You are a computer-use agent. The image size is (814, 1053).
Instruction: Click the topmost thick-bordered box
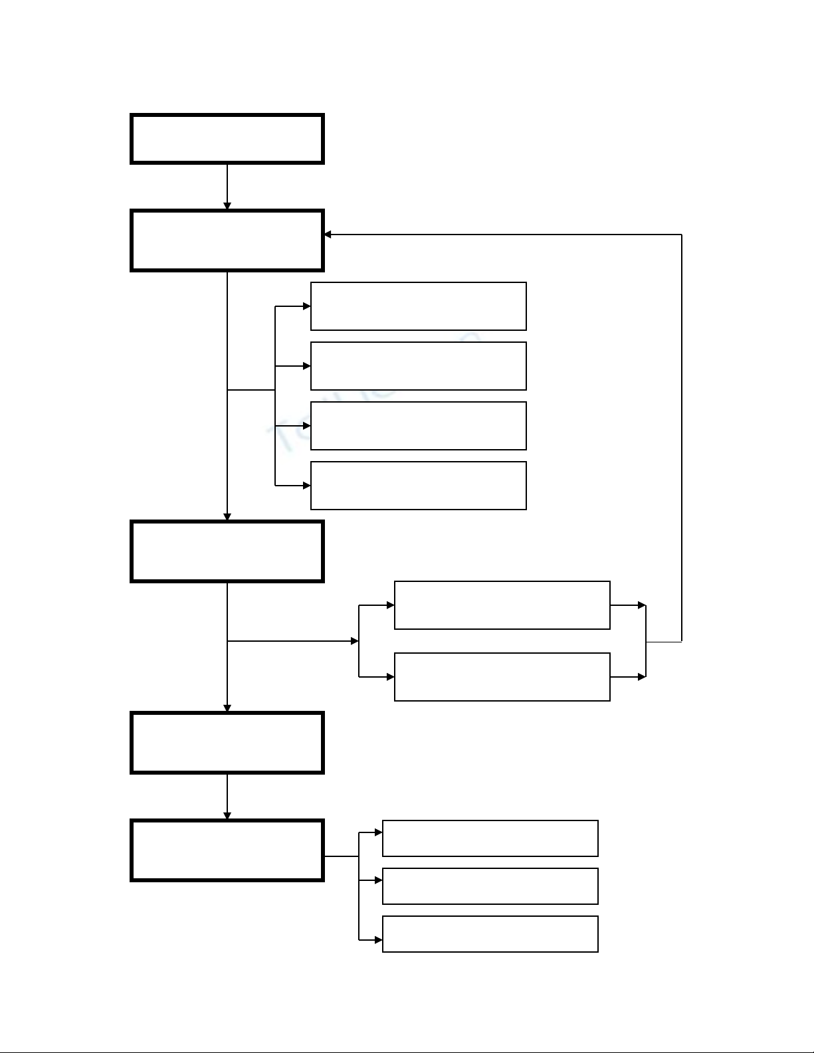[x=227, y=139]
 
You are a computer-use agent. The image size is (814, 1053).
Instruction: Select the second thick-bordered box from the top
[x=227, y=240]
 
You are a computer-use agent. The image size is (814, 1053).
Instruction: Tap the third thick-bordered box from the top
[x=227, y=551]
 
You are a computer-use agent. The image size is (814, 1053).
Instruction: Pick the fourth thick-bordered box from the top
[x=227, y=743]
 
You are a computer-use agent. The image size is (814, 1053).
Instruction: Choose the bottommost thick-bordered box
[x=227, y=850]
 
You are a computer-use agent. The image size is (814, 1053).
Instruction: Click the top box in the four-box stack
[x=419, y=306]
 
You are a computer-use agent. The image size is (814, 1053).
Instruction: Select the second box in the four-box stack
[x=419, y=366]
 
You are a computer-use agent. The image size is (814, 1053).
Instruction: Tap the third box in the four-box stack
[x=419, y=426]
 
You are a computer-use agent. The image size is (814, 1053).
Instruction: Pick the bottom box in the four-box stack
[x=419, y=486]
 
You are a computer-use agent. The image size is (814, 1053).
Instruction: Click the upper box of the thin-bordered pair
[x=502, y=605]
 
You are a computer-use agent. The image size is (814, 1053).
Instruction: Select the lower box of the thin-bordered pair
[x=502, y=677]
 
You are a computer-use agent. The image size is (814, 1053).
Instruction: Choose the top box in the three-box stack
[x=490, y=838]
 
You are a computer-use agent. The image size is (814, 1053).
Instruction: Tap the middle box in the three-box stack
[x=490, y=886]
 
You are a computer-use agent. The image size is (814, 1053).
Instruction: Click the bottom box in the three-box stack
[x=490, y=934]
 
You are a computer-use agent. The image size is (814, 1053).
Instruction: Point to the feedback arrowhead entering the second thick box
[x=328, y=235]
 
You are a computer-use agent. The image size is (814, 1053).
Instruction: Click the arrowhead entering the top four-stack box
[x=306, y=306]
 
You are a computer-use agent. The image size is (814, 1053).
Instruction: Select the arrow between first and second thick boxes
[x=227, y=187]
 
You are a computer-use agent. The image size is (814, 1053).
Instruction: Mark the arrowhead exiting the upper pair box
[x=642, y=605]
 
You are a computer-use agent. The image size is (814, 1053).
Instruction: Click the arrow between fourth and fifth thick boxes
[x=227, y=797]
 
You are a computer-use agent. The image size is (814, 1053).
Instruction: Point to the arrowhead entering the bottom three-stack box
[x=378, y=940]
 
